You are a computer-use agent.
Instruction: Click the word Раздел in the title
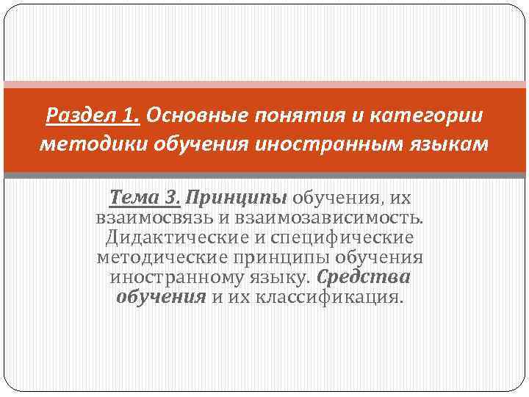point(77,115)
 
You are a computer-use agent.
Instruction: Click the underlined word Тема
point(132,198)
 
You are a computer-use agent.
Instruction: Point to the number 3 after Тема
point(172,198)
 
